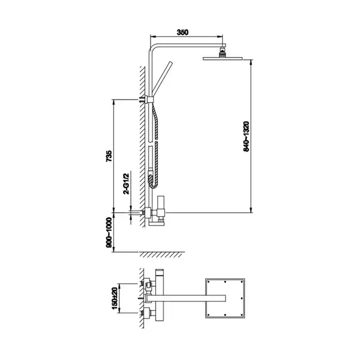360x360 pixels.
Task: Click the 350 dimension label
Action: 182,32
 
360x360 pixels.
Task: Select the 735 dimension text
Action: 109,156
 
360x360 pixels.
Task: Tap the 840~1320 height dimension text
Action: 246,136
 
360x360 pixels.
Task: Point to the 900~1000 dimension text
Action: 109,233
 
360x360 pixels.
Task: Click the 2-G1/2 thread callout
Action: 127,184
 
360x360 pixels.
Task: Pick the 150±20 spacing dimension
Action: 115,298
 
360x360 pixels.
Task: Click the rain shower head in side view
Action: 223,58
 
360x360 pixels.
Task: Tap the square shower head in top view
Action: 225,298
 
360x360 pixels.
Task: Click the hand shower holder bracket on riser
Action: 150,100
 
